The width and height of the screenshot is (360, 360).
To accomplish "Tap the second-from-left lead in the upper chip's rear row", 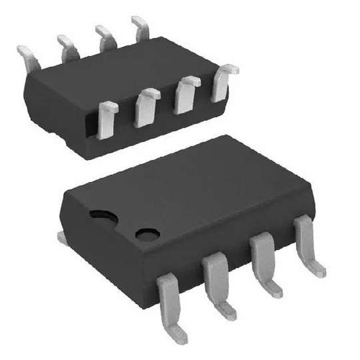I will coord(68,48).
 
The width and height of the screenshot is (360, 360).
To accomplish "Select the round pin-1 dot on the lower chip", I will coord(148,235).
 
